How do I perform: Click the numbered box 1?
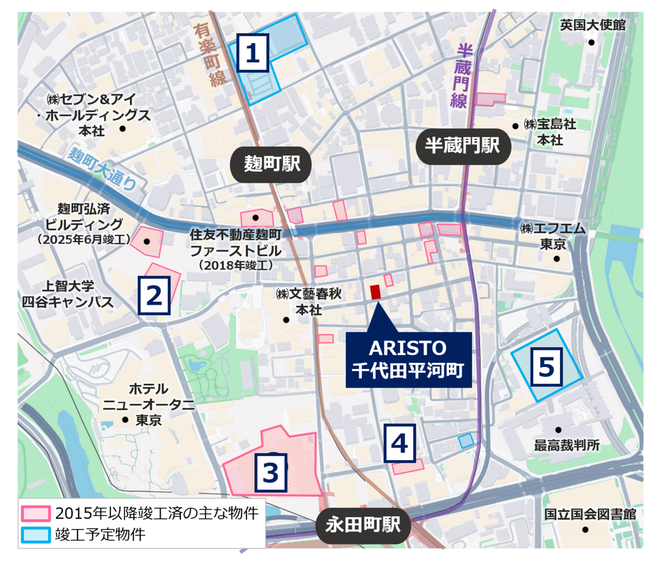(252, 53)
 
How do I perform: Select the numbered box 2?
(154, 295)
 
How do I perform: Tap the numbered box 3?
(271, 472)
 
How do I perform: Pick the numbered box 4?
(400, 444)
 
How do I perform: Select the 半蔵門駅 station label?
(462, 146)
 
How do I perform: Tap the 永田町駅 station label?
(362, 525)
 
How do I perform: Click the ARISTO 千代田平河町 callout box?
(408, 360)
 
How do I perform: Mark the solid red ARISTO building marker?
(376, 292)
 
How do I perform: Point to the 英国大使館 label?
(593, 25)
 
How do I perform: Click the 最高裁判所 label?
(567, 445)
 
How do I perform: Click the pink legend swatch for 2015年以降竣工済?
(36, 513)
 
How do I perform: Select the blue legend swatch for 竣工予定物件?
(36, 534)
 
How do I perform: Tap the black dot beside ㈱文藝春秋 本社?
(286, 320)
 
